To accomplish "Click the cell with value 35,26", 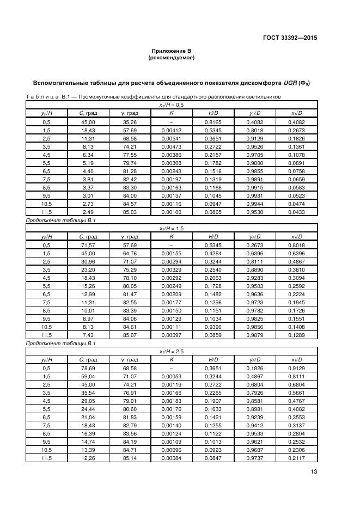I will tap(129, 122).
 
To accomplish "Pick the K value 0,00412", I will tap(171, 131).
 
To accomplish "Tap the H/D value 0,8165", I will tap(213, 122).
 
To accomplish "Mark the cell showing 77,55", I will tap(129, 155).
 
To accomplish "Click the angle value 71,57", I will tap(87, 246).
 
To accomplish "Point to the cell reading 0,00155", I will tap(171, 253).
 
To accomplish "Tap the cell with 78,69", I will tap(87, 369).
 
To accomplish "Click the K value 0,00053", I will tap(171, 377).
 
